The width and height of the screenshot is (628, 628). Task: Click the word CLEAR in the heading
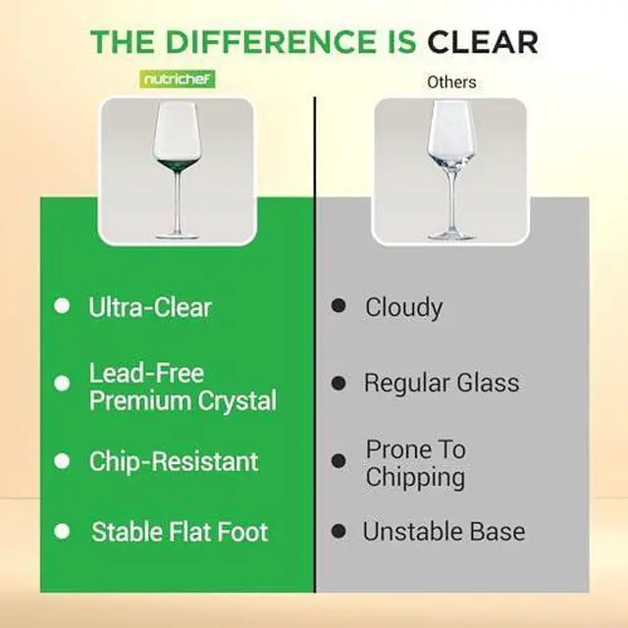[x=483, y=42]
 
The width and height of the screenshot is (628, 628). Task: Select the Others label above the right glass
[x=450, y=82]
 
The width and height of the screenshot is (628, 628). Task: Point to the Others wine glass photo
[x=449, y=171]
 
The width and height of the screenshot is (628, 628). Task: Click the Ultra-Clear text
[x=150, y=307]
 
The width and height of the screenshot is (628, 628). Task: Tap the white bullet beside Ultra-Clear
[x=62, y=306]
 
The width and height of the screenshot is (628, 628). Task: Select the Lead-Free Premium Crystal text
[x=183, y=387]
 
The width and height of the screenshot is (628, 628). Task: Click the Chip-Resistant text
[x=174, y=461]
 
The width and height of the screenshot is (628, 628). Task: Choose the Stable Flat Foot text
[x=180, y=532]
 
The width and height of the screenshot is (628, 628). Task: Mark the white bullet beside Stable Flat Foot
[x=62, y=531]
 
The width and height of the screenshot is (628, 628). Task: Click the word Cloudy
[x=403, y=307]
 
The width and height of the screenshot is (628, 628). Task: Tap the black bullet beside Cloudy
[x=339, y=306]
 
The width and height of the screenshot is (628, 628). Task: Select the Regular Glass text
[x=442, y=383]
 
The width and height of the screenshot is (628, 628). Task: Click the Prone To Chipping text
[x=415, y=463]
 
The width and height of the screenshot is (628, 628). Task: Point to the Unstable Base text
[x=444, y=532]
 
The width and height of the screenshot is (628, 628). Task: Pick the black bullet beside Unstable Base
[x=339, y=531]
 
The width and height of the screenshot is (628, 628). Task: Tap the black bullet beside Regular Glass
[x=339, y=382]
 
